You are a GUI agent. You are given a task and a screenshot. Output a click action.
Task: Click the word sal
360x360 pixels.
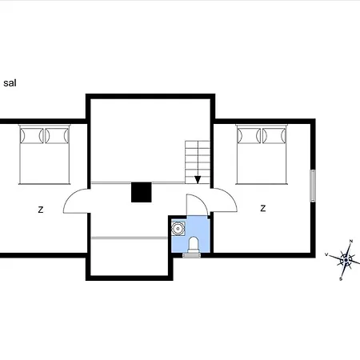10,83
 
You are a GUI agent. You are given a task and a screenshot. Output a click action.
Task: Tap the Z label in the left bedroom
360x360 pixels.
41,210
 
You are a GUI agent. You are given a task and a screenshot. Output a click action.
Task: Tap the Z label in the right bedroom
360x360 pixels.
263,208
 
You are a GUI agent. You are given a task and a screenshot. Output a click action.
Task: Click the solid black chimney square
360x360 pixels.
142,192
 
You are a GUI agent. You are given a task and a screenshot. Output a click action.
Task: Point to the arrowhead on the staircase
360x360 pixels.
198,180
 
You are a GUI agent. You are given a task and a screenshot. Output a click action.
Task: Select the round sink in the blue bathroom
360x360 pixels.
178,229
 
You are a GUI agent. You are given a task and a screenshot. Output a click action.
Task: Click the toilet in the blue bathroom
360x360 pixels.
194,244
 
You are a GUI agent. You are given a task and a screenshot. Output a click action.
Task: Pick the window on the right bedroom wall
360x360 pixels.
313,186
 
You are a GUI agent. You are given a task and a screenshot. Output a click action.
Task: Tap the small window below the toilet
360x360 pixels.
191,255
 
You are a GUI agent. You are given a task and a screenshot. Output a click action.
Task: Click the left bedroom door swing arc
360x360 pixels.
70,197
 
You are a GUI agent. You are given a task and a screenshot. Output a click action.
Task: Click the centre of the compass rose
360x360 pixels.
346,260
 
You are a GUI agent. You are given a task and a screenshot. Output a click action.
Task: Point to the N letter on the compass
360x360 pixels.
351,241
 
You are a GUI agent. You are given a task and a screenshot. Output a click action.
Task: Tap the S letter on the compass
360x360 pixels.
341,279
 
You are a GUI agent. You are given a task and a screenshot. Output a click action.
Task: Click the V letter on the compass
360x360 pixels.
326,254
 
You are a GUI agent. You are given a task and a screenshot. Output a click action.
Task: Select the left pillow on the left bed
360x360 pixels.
32,135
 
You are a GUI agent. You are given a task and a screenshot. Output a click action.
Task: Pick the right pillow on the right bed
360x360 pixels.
274,135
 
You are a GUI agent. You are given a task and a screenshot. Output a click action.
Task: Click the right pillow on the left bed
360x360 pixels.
57,135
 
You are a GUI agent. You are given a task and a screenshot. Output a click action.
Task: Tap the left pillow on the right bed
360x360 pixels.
249,135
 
